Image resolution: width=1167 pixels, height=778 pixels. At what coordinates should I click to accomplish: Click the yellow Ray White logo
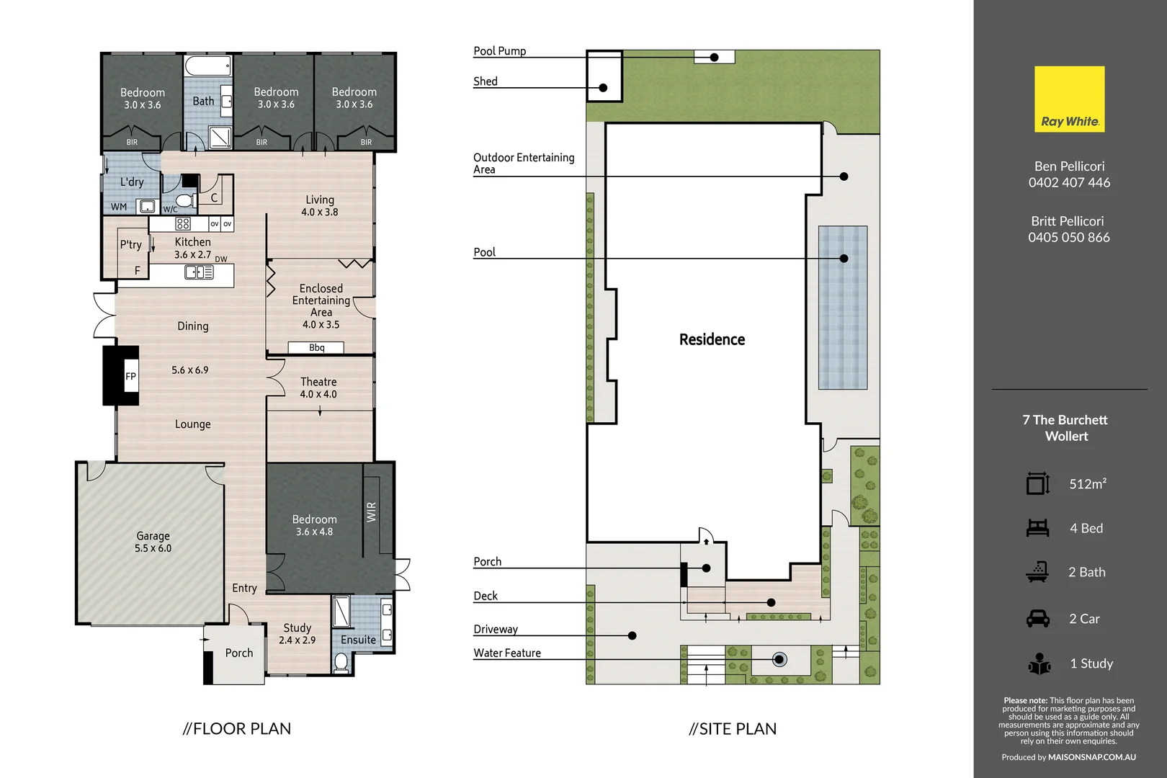1069,99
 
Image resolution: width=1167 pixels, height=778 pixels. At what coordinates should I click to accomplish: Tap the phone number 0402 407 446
1069,182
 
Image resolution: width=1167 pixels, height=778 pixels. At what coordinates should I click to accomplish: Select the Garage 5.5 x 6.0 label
153,542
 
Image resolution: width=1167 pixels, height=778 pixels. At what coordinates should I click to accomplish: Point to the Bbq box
316,347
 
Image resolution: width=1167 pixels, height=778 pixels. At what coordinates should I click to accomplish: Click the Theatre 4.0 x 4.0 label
318,388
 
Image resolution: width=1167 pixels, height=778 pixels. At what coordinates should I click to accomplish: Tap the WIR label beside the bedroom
371,512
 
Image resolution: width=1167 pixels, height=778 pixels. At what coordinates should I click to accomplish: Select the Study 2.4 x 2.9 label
297,633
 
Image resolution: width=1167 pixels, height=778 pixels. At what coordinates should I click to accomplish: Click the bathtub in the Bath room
207,66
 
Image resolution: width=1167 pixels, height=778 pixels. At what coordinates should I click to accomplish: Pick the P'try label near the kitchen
130,245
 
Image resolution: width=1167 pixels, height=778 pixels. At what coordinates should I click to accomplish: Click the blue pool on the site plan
842,308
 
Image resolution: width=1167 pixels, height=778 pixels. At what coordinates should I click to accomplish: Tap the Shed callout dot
603,88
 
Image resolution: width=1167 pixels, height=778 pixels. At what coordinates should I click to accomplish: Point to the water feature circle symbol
779,659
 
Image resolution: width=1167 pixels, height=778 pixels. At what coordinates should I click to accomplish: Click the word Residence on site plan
712,339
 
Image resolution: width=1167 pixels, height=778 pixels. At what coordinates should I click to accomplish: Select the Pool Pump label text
499,50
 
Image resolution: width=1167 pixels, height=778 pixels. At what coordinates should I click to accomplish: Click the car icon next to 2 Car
1037,619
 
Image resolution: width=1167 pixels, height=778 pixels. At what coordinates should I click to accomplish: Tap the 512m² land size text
1087,484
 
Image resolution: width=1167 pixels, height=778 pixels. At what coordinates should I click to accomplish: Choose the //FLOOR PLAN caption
237,728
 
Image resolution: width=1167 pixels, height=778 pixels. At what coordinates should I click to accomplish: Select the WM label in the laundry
119,207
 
